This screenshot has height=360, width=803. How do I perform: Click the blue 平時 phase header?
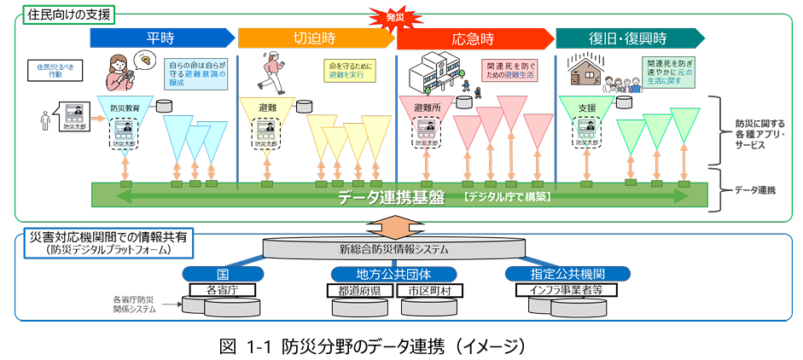click(x=160, y=38)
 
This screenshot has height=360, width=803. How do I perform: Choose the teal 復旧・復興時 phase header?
click(x=629, y=38)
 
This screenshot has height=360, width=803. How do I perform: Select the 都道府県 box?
click(x=359, y=290)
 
